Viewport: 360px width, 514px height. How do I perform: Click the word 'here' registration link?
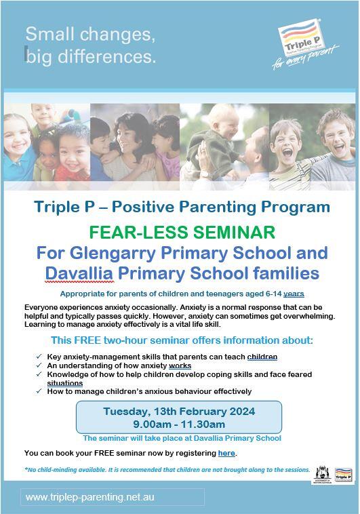(226, 453)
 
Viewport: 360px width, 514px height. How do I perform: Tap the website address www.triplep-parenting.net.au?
(90, 497)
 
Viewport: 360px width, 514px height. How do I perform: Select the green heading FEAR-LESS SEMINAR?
(182, 232)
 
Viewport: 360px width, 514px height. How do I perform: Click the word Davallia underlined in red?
(79, 273)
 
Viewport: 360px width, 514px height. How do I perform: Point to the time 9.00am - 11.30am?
(179, 424)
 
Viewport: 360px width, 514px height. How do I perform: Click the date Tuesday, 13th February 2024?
(179, 412)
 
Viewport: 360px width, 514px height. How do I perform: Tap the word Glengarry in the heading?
(113, 253)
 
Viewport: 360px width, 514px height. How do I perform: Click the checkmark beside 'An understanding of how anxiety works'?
(39, 365)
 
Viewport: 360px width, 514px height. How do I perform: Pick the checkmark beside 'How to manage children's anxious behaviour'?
(39, 391)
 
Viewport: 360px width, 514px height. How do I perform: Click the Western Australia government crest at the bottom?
(322, 474)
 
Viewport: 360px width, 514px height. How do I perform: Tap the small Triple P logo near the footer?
(343, 475)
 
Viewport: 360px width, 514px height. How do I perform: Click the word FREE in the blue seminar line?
(87, 340)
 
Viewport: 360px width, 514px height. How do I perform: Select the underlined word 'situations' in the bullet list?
(65, 383)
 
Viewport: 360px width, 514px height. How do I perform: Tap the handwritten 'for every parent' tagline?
(306, 58)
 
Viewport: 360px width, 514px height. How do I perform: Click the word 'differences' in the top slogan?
(105, 56)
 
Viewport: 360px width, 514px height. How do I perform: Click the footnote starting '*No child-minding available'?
(167, 470)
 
